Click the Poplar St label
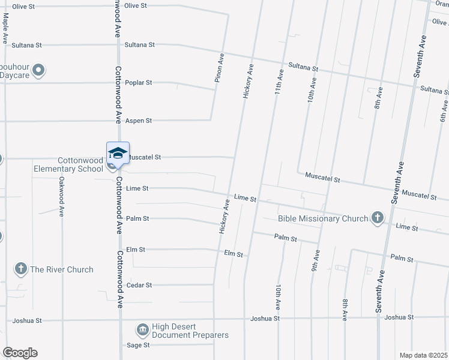(139, 83)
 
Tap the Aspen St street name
(138, 121)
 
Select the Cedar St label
(139, 285)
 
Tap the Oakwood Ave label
(61, 197)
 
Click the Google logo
(20, 353)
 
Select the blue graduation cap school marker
(118, 153)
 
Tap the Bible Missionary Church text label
(323, 218)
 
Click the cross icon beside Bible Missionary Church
(378, 217)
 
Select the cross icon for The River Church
(21, 269)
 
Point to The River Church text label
(62, 269)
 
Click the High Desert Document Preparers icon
(143, 329)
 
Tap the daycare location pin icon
(39, 71)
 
